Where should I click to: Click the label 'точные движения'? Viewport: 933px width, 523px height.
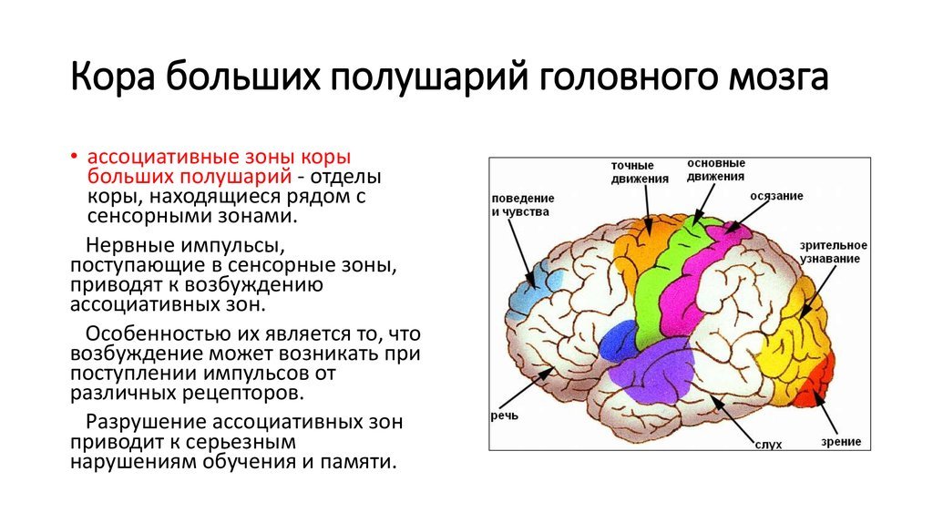pyautogui.click(x=639, y=172)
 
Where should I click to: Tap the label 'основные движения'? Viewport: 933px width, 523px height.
pyautogui.click(x=716, y=169)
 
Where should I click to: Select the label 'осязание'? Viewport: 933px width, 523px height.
pyautogui.click(x=776, y=196)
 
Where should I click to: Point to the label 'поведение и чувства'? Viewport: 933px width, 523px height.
pyautogui.click(x=522, y=205)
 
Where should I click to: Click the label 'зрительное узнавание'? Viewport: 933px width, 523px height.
pyautogui.click(x=833, y=251)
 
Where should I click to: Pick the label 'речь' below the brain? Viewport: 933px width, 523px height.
pyautogui.click(x=505, y=415)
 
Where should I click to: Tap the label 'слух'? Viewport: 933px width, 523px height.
pyautogui.click(x=768, y=444)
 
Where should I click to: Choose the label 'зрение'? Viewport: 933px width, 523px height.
pyautogui.click(x=841, y=442)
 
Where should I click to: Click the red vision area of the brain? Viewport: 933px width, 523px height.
pyautogui.click(x=815, y=383)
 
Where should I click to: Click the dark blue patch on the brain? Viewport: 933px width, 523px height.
pyautogui.click(x=619, y=341)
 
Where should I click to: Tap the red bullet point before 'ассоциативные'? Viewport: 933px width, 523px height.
pyautogui.click(x=75, y=157)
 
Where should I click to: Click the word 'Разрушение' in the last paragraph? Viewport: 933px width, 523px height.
pyautogui.click(x=145, y=423)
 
